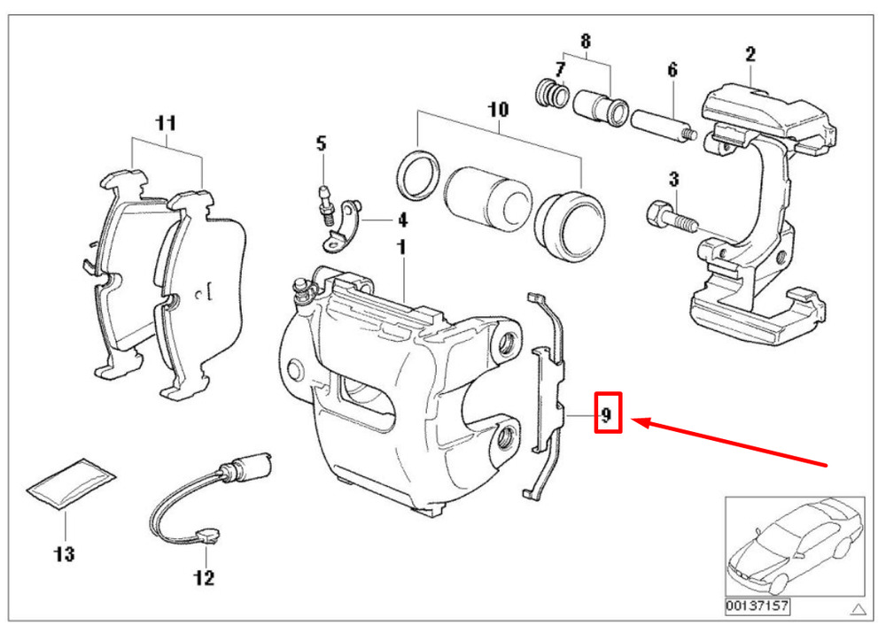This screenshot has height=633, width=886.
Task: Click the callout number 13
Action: [65, 554]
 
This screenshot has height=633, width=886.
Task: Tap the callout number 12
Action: [204, 577]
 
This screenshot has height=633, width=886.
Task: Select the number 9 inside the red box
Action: [607, 415]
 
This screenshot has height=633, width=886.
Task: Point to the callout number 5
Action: [321, 143]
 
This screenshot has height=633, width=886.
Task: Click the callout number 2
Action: [750, 54]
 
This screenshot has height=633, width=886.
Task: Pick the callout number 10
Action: [498, 109]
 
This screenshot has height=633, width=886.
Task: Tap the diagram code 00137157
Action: [758, 606]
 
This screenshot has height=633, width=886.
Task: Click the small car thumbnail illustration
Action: [795, 546]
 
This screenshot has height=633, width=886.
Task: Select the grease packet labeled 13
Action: [72, 484]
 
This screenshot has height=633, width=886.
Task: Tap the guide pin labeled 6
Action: [664, 127]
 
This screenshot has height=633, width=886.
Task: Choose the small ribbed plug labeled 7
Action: [551, 93]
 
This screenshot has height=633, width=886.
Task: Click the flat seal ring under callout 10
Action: [418, 175]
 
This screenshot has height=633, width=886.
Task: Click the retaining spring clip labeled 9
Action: [544, 395]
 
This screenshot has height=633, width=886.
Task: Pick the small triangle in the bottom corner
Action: [859, 609]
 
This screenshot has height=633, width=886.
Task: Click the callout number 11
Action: [166, 122]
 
